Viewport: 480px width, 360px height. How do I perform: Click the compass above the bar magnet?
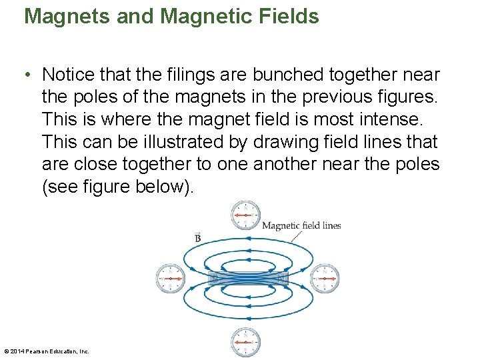point(245,215)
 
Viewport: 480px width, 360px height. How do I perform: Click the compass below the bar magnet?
point(245,342)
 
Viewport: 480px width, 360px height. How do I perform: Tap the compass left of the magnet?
point(171,278)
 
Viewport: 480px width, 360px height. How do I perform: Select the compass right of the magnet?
point(325,278)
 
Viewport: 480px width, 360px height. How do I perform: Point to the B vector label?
point(198,238)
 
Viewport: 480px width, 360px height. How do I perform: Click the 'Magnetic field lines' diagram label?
point(301,225)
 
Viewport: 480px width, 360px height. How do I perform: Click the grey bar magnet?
point(248,278)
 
